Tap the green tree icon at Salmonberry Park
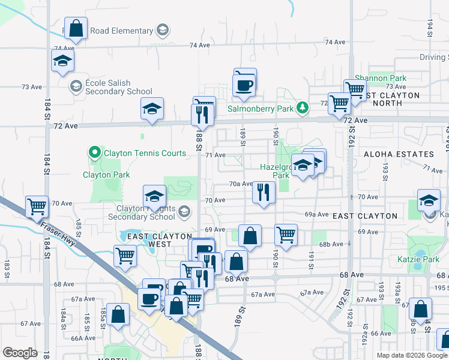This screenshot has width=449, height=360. (304, 108)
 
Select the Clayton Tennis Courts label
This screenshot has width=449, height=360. (145, 153)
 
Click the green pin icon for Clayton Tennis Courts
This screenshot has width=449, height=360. (94, 153)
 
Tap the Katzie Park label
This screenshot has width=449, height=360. (426, 259)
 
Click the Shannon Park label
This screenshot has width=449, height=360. (380, 78)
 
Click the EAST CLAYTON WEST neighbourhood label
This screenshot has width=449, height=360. (158, 240)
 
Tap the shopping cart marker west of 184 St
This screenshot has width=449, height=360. (37, 207)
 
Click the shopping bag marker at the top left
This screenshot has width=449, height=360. (76, 28)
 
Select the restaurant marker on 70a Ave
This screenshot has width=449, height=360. (264, 193)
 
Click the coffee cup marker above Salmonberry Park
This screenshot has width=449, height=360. (244, 84)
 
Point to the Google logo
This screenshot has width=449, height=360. (20, 353)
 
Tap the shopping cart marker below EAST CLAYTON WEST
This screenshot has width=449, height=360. (125, 256)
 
